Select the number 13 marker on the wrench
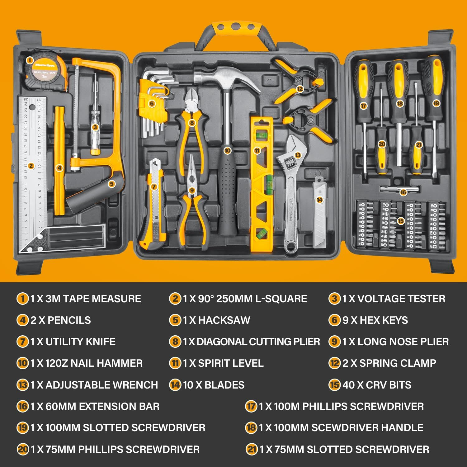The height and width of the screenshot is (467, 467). [x=298, y=155]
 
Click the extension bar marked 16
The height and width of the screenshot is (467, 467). [x=400, y=189]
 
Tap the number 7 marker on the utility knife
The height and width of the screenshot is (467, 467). [x=153, y=187]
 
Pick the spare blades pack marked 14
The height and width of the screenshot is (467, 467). [x=320, y=212]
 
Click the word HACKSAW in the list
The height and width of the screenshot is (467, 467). [x=224, y=320]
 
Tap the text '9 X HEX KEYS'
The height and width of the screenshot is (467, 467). [x=375, y=320]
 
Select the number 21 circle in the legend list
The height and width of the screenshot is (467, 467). [x=252, y=449]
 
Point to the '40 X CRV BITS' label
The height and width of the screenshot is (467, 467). [x=377, y=385]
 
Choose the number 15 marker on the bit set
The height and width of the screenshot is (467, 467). [x=401, y=221]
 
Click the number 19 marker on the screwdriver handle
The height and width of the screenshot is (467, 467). [x=436, y=103]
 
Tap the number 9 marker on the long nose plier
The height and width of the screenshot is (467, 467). [x=192, y=190]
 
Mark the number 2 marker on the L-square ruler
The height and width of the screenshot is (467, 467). [x=31, y=166]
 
